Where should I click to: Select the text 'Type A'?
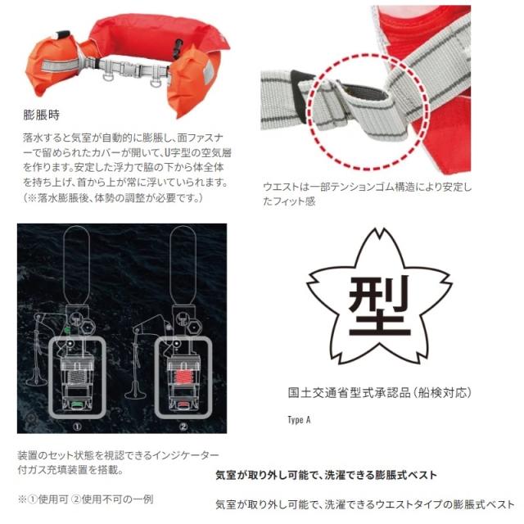coord(300,420)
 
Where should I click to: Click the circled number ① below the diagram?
coord(75,425)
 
